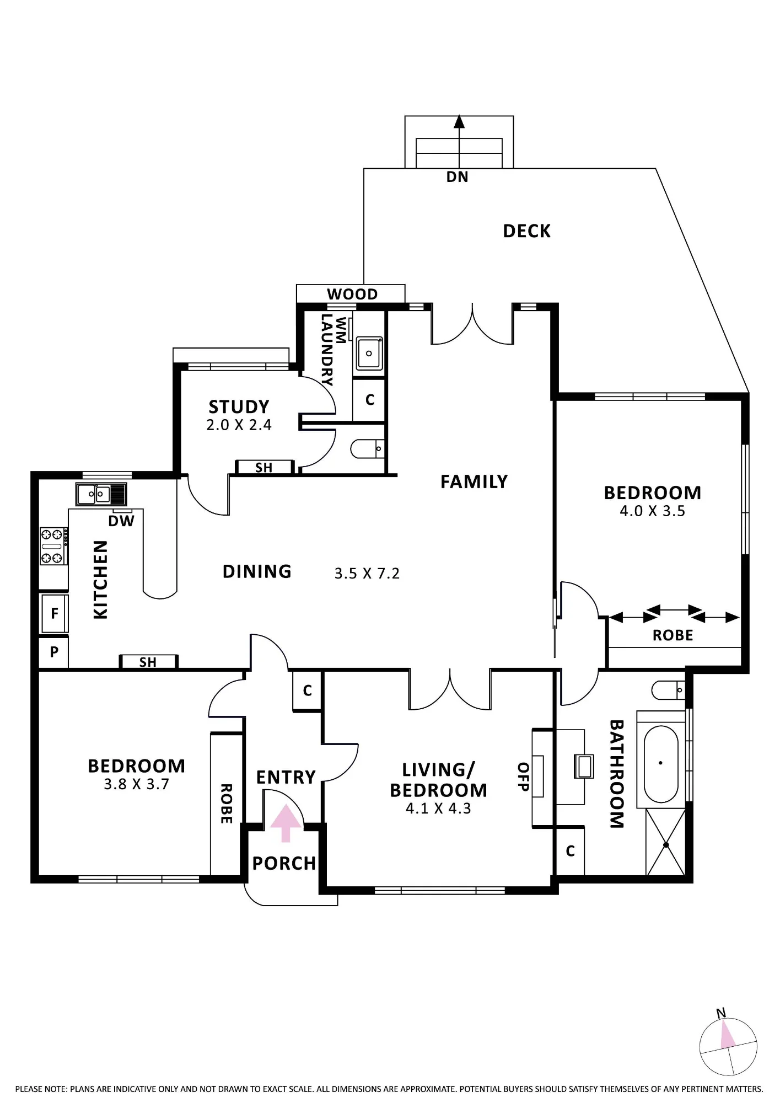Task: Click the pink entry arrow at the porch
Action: click(286, 823)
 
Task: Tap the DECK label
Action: click(526, 231)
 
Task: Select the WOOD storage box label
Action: click(352, 294)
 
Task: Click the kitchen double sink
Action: click(94, 494)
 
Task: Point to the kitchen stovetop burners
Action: click(53, 546)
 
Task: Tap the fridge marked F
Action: click(54, 613)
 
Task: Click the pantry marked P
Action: click(53, 652)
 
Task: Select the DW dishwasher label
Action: click(121, 521)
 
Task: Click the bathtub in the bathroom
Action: click(661, 763)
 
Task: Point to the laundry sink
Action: click(369, 354)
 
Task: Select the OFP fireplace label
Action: click(523, 777)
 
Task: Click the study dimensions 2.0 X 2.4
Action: click(239, 425)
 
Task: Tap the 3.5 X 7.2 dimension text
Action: click(367, 574)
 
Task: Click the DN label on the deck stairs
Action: click(457, 177)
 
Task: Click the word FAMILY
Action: click(474, 482)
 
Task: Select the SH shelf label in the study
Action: click(263, 468)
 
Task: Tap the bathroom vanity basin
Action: click(584, 766)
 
